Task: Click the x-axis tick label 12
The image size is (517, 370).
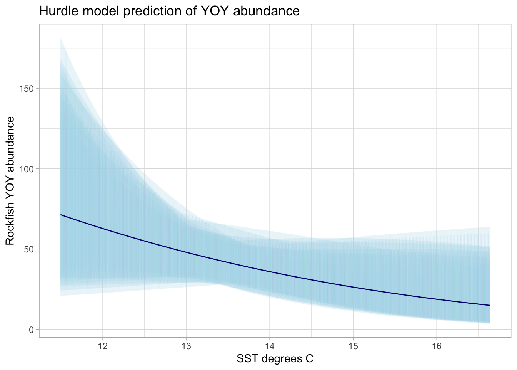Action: [x=102, y=345]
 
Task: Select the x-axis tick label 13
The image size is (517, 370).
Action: [x=186, y=345]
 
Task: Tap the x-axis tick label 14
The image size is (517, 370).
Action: [x=269, y=345]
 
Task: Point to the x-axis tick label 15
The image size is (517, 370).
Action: [x=353, y=345]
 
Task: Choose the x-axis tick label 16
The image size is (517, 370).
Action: [x=436, y=345]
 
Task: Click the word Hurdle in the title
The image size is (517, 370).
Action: [x=57, y=11]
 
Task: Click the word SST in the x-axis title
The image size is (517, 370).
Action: [x=247, y=359]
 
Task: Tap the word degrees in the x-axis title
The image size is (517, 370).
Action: [x=281, y=359]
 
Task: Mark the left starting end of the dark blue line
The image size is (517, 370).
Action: [x=61, y=215]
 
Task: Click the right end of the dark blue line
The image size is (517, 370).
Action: [x=490, y=305]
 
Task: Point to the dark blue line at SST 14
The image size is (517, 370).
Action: [x=269, y=272]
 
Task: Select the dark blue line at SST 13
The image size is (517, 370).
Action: [x=186, y=252]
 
